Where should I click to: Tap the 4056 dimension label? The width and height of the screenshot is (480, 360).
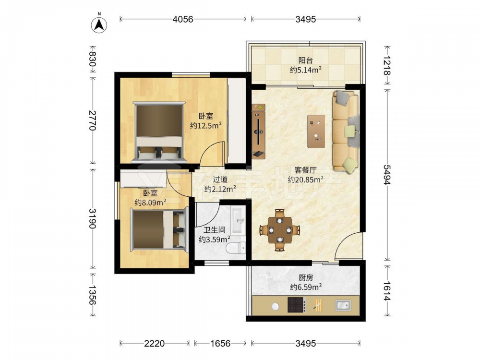click(x=183, y=19)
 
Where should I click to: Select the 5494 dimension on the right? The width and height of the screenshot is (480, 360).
click(x=387, y=175)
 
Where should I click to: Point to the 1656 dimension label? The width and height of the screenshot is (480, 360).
click(x=220, y=344)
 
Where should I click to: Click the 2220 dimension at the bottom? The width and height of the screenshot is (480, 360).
click(x=154, y=344)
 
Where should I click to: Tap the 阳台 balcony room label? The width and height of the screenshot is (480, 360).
click(x=305, y=60)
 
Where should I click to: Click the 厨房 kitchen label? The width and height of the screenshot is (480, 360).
click(x=305, y=277)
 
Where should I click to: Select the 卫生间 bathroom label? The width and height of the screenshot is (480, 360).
click(x=215, y=230)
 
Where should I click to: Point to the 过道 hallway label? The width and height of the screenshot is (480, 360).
click(x=220, y=180)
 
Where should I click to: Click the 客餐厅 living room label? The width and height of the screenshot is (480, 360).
click(x=305, y=170)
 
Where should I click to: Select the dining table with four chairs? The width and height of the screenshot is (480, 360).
click(x=279, y=229)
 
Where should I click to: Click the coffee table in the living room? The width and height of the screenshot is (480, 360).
click(x=316, y=131)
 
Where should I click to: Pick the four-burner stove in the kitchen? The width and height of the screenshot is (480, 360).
click(x=297, y=305)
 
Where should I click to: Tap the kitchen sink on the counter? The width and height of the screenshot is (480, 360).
click(x=343, y=305)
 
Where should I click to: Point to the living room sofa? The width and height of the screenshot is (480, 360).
click(x=346, y=131)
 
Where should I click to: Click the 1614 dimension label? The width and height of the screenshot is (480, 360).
click(x=387, y=291)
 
